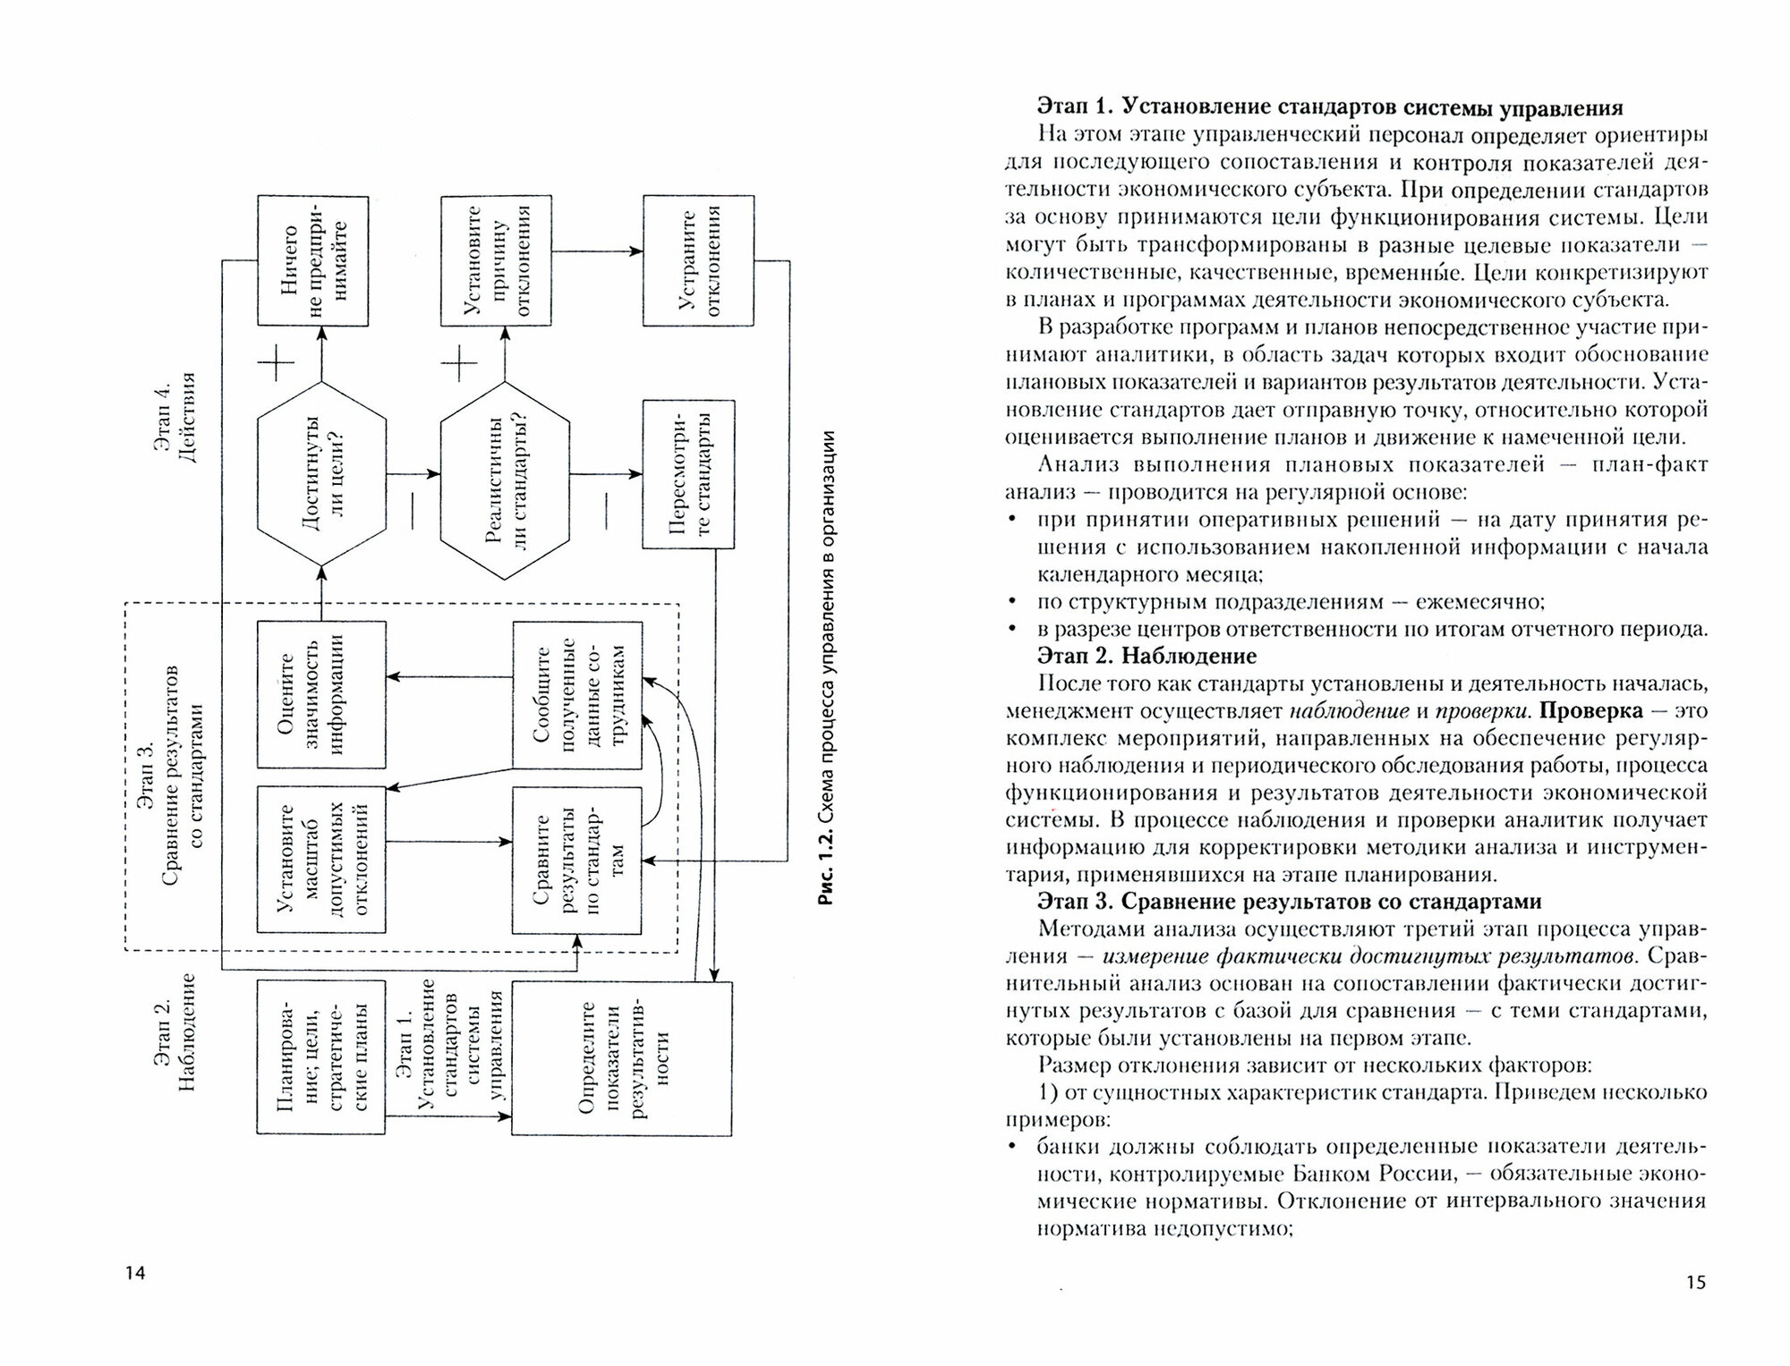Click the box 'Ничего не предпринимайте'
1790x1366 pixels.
click(x=312, y=260)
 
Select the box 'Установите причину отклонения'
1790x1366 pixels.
click(x=497, y=260)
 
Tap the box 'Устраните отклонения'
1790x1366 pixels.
click(x=698, y=260)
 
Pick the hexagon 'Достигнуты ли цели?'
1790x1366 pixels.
click(x=322, y=474)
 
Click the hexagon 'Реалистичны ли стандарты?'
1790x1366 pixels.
click(x=505, y=474)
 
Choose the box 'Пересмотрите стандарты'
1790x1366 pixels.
click(x=688, y=474)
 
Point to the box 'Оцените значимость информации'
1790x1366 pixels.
click(x=321, y=694)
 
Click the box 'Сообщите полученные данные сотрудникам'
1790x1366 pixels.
click(x=577, y=694)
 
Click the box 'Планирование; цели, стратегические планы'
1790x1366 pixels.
click(x=320, y=1057)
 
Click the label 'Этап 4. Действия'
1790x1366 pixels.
click(x=175, y=417)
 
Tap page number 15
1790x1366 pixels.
click(x=1695, y=1283)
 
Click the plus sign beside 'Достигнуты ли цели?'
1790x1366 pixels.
click(x=276, y=364)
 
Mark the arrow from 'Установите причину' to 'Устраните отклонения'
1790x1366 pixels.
click(x=598, y=251)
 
